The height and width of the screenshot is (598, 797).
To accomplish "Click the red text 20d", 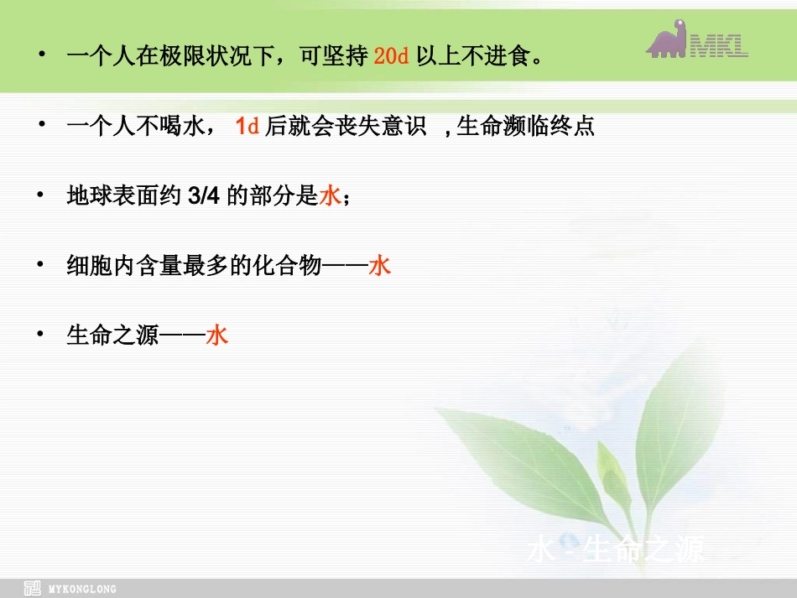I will click(390, 58).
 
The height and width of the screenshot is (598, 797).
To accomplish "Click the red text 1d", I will click(247, 127).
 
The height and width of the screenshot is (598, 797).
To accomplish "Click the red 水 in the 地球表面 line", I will click(330, 196).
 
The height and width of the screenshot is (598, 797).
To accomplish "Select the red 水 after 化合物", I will click(380, 267).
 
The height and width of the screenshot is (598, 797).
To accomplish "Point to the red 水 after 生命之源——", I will click(217, 336).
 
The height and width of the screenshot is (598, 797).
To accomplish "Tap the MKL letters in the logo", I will click(719, 44).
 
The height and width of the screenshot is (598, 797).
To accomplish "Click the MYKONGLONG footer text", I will click(83, 589).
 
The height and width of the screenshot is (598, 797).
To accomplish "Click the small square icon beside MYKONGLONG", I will click(33, 588).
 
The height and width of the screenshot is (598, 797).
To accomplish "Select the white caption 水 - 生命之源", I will click(615, 550).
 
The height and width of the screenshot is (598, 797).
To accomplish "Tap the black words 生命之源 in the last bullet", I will click(112, 336).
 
